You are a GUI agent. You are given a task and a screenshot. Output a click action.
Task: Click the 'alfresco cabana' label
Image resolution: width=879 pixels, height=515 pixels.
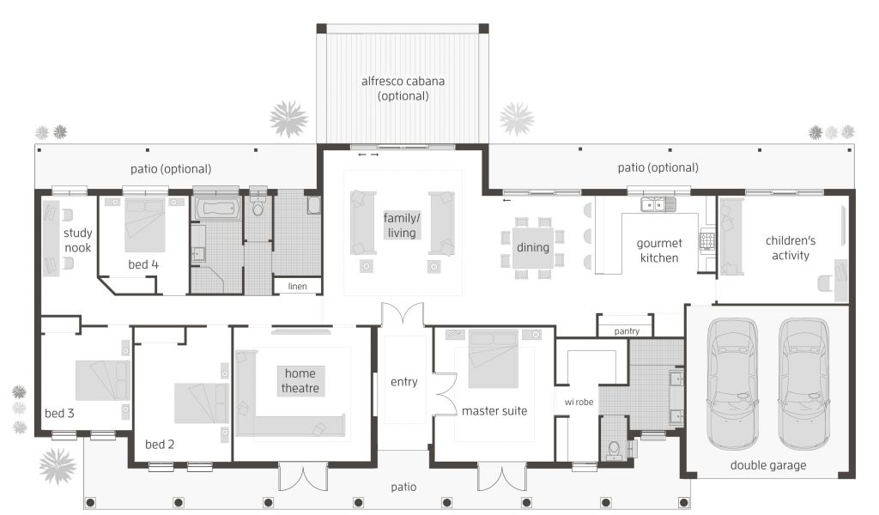403,82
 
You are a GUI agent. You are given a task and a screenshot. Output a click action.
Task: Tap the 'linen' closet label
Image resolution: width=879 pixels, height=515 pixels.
297,287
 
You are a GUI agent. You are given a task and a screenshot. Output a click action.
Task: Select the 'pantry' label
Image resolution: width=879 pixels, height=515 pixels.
626,331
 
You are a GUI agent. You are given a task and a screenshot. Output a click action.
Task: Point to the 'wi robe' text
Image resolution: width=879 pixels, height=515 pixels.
579,402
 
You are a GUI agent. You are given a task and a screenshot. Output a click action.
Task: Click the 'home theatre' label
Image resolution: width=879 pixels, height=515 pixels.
300,380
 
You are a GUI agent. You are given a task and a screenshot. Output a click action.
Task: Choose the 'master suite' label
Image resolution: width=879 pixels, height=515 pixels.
494,411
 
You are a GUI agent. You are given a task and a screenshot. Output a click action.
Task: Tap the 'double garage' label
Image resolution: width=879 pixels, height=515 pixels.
768,465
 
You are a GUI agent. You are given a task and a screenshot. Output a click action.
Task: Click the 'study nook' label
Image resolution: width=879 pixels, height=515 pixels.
77,240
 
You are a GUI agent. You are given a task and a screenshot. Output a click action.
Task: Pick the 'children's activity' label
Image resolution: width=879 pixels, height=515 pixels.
791,248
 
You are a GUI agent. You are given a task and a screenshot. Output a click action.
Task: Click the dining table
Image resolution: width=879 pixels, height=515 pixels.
532,247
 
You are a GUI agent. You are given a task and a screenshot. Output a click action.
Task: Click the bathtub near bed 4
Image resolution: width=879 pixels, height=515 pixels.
218,209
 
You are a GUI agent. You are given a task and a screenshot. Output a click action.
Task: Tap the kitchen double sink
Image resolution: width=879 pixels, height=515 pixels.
658,204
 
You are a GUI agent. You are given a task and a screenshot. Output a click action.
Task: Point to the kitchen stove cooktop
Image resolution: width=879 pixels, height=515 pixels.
707,240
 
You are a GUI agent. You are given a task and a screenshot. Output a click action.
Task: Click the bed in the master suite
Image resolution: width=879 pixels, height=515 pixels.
494,359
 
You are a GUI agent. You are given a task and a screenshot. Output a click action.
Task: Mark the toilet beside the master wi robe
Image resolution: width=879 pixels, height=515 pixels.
615,449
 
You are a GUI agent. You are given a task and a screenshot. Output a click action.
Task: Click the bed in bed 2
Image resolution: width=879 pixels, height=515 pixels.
201,403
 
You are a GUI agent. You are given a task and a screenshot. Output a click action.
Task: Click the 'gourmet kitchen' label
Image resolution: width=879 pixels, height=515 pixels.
659,251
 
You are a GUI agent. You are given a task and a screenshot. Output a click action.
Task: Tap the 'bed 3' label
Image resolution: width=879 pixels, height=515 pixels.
59,413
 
